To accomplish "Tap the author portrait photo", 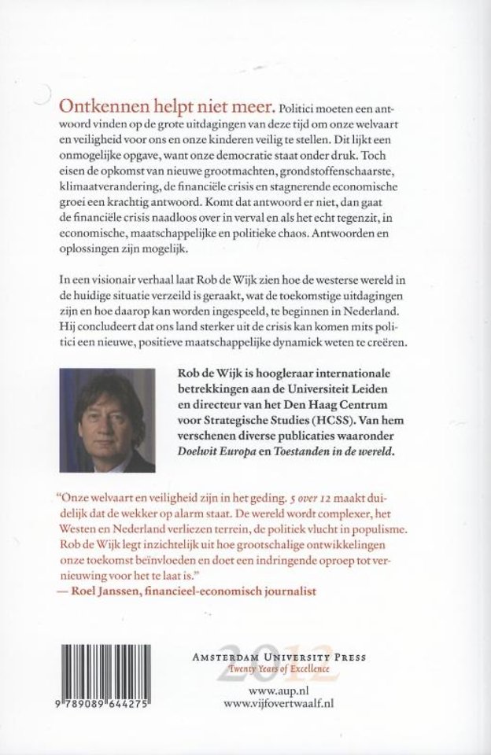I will point(111,414).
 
